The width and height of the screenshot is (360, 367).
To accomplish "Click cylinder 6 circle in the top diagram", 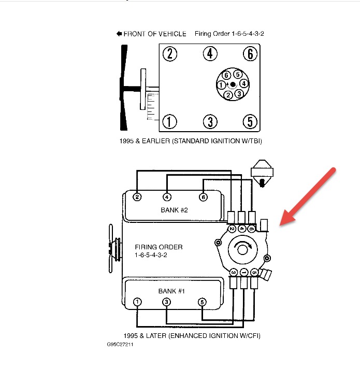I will pos(250,53).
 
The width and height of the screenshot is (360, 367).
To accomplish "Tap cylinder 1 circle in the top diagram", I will pos(168,122).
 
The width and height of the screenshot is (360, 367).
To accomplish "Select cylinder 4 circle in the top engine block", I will pos(210,53).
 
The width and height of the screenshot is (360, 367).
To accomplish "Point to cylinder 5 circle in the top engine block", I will pos(250,122).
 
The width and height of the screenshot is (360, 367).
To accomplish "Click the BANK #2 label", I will pos(174,210).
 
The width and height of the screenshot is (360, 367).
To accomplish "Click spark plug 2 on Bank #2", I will pos(137,197).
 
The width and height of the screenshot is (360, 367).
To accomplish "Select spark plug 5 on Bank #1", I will pos(202,302).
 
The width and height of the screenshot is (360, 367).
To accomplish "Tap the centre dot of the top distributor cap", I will pos(233,84).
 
